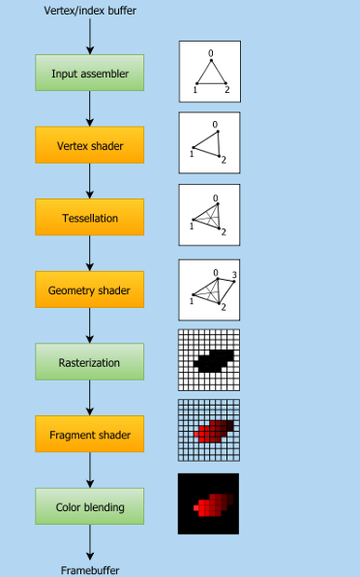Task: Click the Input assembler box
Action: (x=89, y=73)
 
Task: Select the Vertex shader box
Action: (x=89, y=145)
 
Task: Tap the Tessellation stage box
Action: (x=89, y=217)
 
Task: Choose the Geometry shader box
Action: (x=89, y=289)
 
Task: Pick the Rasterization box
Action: (x=89, y=362)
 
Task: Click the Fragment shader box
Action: (x=89, y=434)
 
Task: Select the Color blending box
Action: (x=89, y=506)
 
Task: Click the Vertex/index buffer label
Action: (x=90, y=11)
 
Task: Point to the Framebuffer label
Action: (x=90, y=570)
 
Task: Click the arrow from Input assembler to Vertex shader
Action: (x=90, y=108)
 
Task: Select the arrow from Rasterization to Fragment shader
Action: (x=90, y=398)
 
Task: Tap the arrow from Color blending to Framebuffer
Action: (x=90, y=543)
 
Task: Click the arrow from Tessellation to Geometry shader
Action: (x=90, y=254)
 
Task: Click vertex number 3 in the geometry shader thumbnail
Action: (x=234, y=275)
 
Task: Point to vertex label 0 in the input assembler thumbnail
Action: (x=211, y=53)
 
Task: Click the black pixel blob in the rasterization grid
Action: (x=213, y=360)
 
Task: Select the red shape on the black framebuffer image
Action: (x=213, y=505)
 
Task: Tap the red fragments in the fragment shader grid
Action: (x=213, y=432)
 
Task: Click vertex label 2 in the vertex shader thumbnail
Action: (x=224, y=160)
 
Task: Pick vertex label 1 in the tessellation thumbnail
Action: (x=192, y=227)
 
